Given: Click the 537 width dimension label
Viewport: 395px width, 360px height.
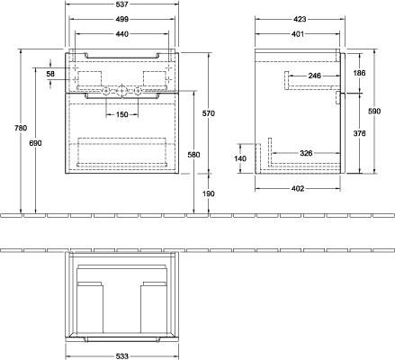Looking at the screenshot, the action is point(121,4).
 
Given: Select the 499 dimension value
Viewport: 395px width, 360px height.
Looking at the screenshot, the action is point(121,19).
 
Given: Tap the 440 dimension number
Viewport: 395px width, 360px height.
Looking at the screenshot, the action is point(121,34).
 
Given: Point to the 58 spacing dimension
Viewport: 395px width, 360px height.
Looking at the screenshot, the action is point(50,74).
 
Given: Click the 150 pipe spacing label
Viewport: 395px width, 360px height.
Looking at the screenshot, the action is point(121,114).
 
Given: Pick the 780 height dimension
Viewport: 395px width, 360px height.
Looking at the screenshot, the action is point(21,128).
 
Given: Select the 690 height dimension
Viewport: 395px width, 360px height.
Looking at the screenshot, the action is point(35,143).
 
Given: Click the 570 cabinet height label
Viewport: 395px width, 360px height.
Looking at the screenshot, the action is point(209,113).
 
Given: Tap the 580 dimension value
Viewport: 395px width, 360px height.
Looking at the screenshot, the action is point(193,155).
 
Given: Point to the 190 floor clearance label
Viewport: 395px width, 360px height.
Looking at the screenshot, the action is point(209,193).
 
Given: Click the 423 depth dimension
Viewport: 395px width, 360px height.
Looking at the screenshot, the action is point(300,19).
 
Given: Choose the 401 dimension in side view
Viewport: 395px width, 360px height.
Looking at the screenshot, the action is point(298,34).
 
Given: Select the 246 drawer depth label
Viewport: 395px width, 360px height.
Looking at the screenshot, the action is point(315,76).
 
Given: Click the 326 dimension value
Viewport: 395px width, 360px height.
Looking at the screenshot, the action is point(306,153).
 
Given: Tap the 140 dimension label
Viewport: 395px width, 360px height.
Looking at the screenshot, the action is point(240,158).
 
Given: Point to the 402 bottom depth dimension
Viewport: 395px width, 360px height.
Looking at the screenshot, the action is point(298,189).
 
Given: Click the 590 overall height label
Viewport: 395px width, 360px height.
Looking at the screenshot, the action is point(374,112).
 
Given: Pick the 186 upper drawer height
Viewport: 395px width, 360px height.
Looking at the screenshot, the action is point(359,73).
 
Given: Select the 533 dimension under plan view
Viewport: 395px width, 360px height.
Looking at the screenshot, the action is point(121,356).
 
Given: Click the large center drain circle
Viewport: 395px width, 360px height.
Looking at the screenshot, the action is point(121,90).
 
